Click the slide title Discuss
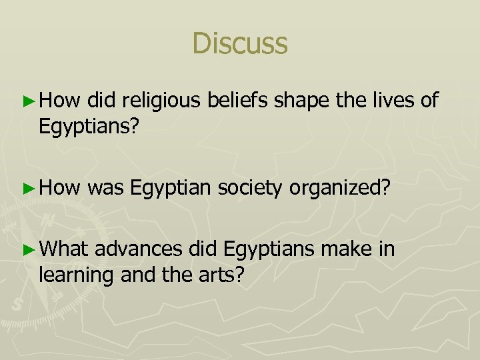point(239,44)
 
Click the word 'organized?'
point(340,189)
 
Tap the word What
point(63,249)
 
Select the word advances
point(138,249)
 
